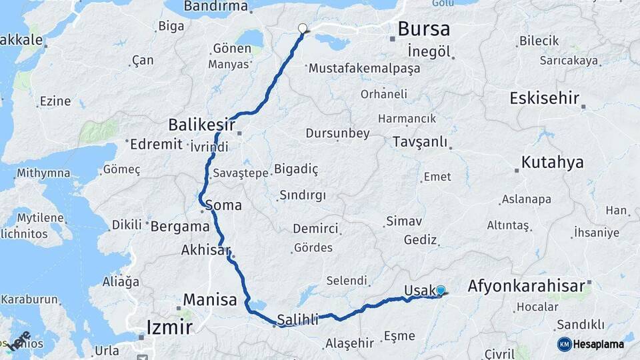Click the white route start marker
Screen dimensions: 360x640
[x=303, y=29]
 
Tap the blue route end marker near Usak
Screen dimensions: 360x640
[x=440, y=290]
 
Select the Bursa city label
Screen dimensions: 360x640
[x=423, y=29]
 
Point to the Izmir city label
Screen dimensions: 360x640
[x=169, y=327]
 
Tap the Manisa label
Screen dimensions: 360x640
[x=210, y=300]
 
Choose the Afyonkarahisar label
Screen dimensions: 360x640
[x=526, y=286]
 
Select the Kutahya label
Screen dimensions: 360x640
[x=553, y=162]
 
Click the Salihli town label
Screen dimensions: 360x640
[x=297, y=320]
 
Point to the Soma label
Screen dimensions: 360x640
[x=223, y=205]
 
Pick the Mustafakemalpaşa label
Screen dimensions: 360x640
[x=364, y=68]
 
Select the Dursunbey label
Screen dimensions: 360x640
[x=337, y=133]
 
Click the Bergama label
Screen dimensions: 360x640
[x=180, y=227]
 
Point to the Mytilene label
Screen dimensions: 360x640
[x=40, y=218]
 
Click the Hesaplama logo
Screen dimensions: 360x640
[x=591, y=344]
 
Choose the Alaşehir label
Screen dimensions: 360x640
[x=349, y=343]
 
